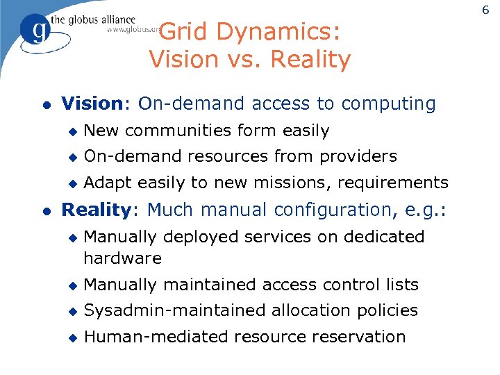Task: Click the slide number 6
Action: [x=485, y=8]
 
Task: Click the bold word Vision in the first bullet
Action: [x=92, y=104]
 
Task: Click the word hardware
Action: [x=122, y=258]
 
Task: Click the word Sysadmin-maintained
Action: [x=178, y=310]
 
